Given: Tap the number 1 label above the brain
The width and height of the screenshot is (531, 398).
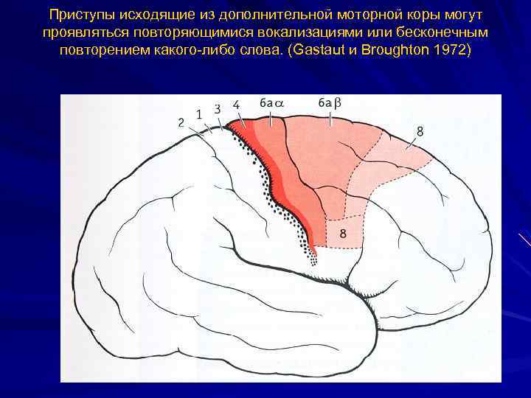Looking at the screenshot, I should [x=199, y=114].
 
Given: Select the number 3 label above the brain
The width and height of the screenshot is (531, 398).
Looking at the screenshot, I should [x=218, y=108].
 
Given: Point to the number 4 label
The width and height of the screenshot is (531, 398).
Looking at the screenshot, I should [x=236, y=105].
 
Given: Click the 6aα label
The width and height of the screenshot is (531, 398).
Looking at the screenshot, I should [x=272, y=104].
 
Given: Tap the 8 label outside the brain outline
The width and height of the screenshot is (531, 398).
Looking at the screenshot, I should [x=420, y=131].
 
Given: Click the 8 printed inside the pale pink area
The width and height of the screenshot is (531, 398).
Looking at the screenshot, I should [x=343, y=234].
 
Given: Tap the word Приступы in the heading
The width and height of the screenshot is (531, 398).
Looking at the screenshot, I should [x=76, y=15].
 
